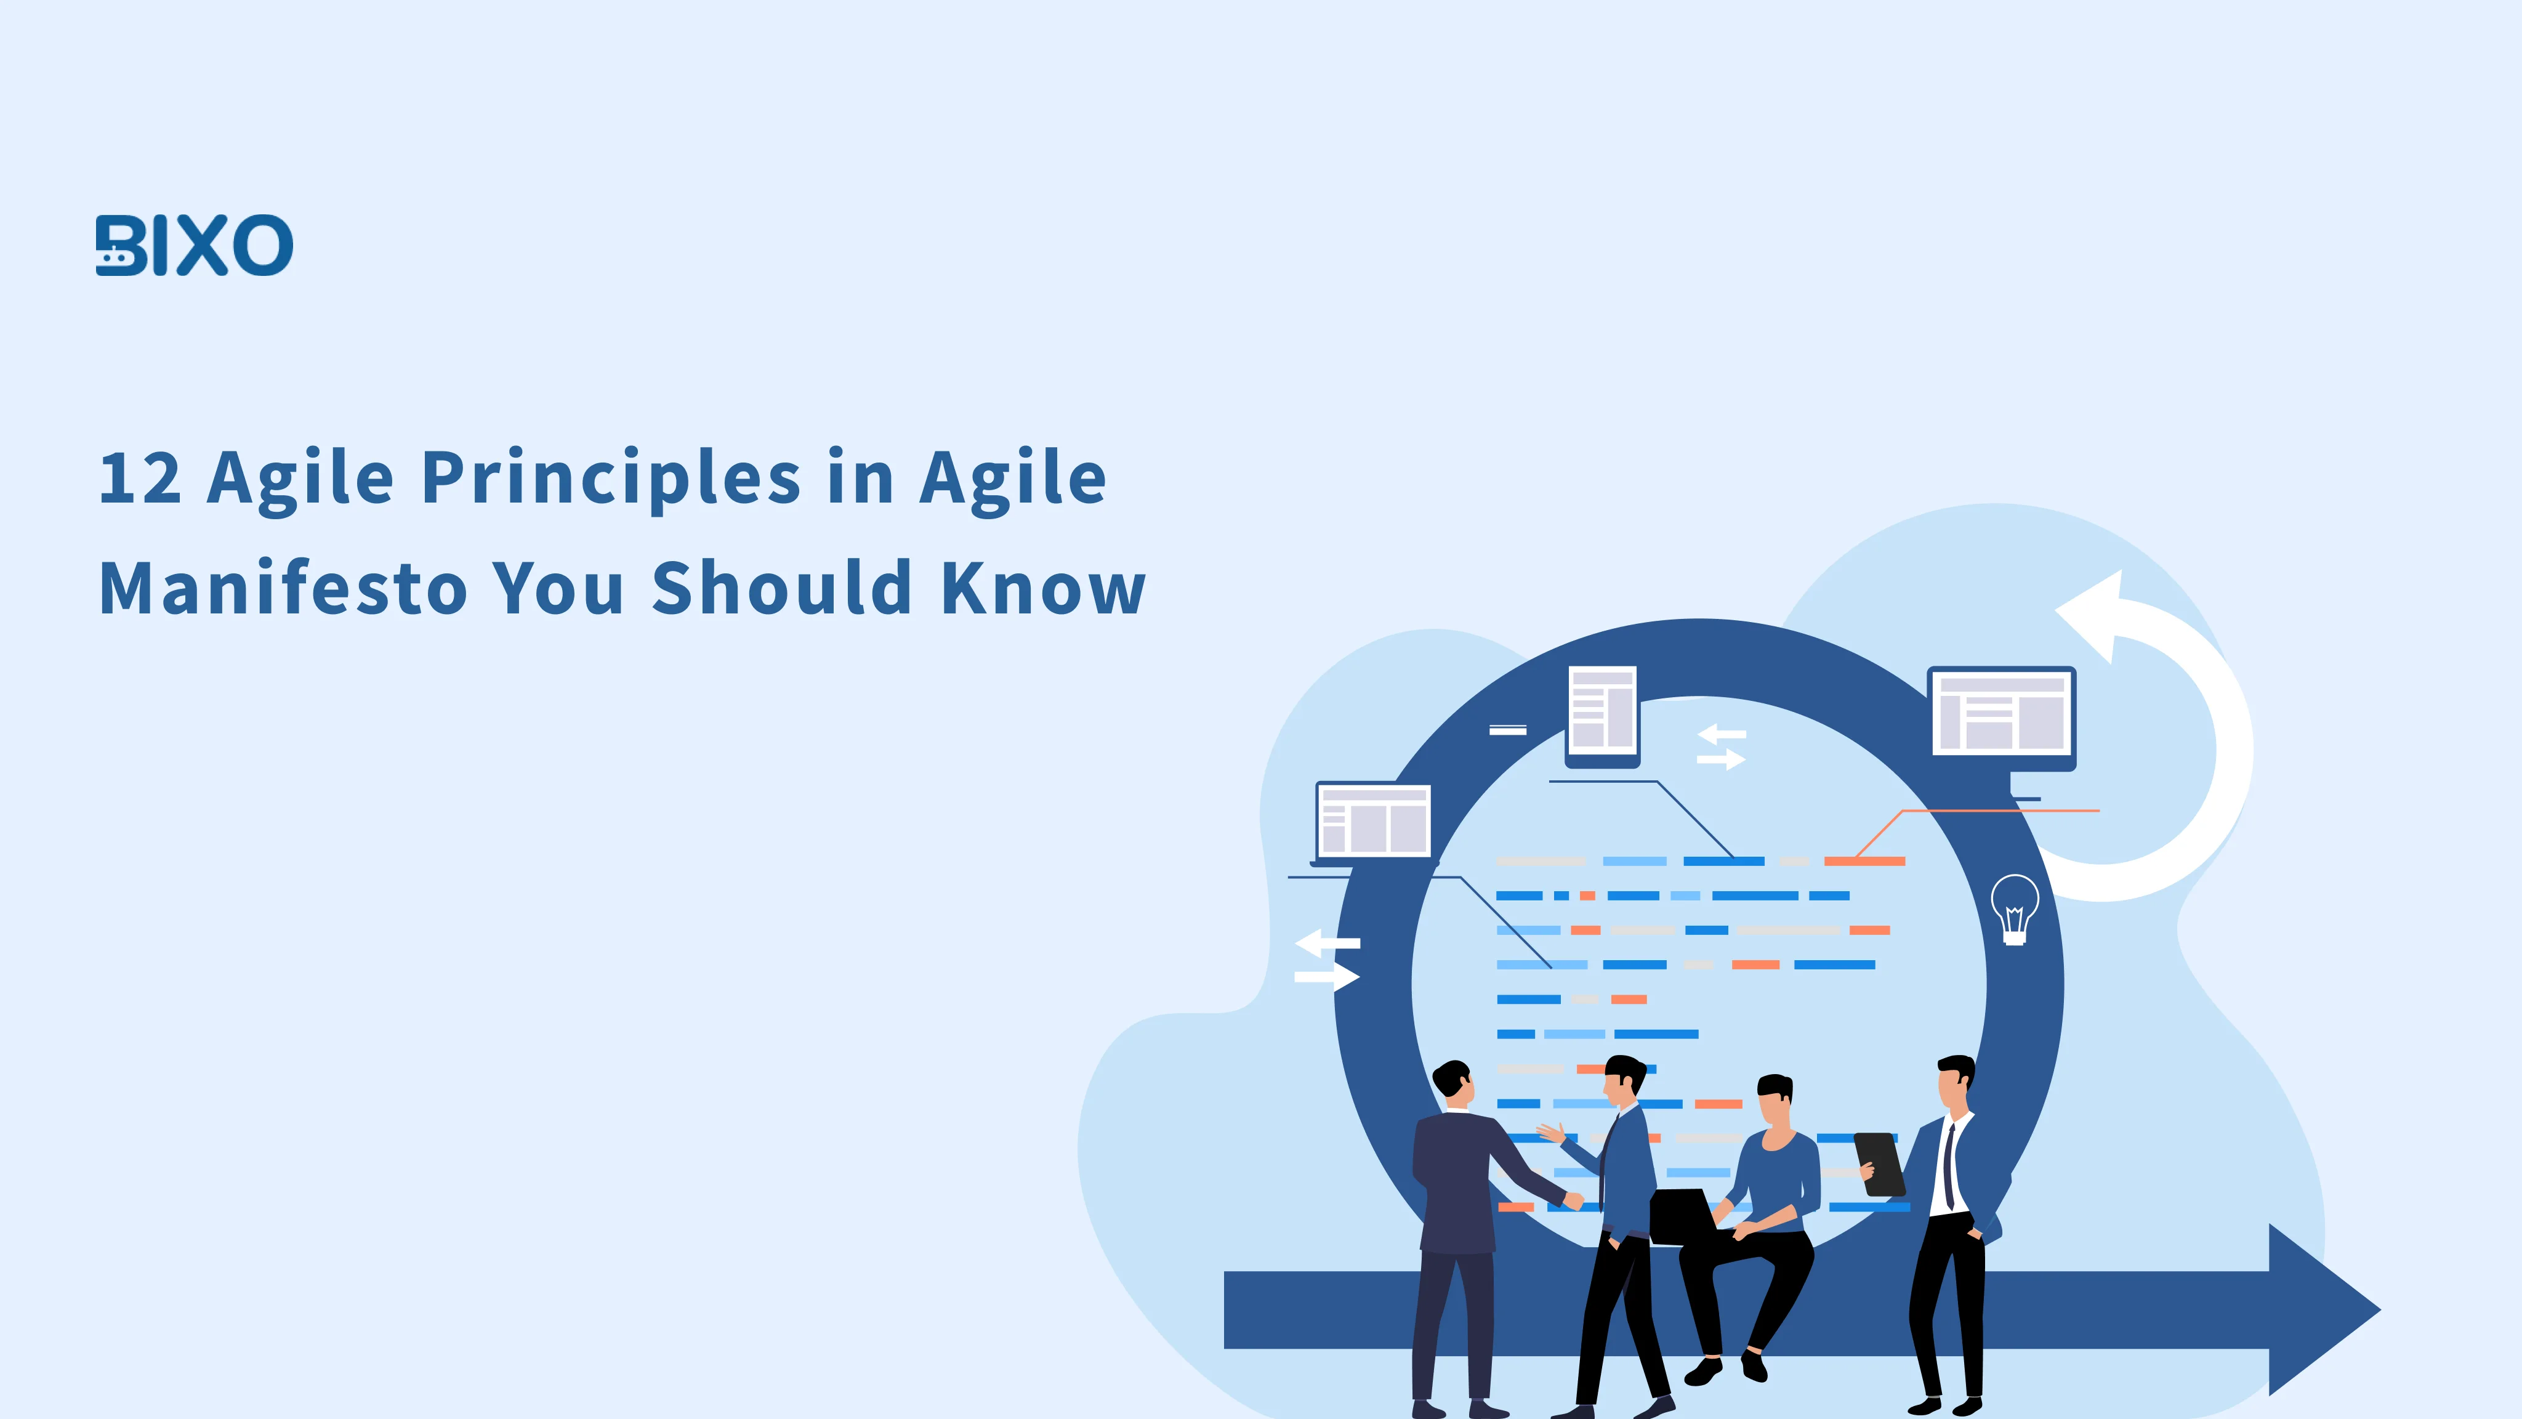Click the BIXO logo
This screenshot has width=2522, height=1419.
coord(194,245)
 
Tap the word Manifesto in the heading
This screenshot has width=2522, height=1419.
coord(284,589)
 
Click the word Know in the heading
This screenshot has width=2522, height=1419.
coord(1042,589)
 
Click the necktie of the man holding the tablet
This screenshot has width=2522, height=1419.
coord(1949,1165)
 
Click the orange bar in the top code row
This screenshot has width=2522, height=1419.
coord(1863,862)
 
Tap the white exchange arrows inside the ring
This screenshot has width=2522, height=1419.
coord(1721,746)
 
